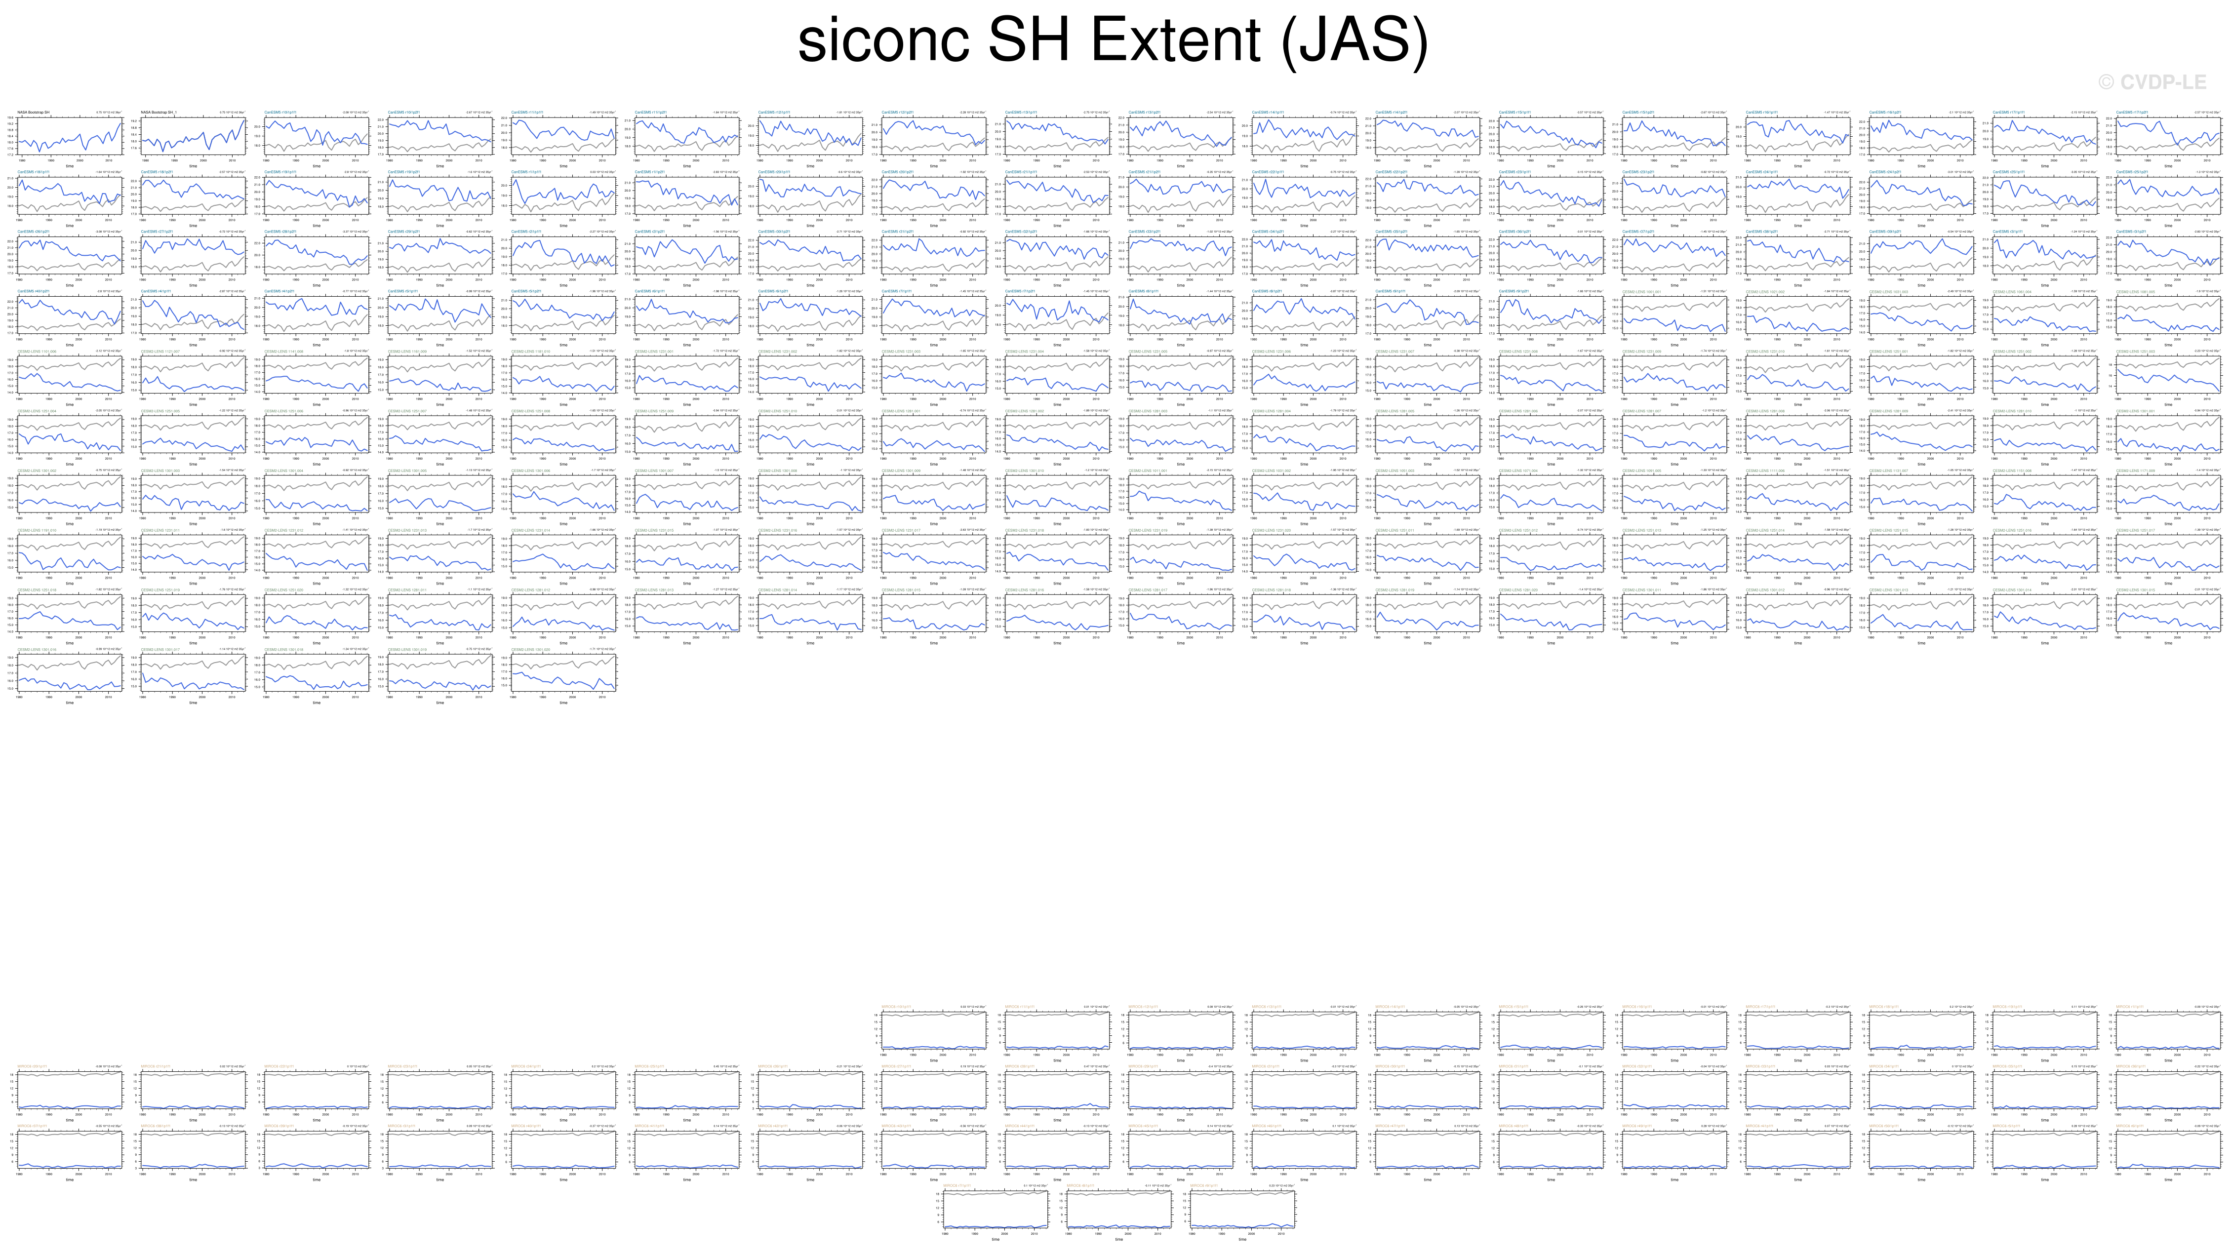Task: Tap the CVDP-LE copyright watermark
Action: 2151,82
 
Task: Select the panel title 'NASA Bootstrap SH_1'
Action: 159,112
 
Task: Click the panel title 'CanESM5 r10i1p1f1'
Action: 280,112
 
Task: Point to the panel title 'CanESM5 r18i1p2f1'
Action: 157,171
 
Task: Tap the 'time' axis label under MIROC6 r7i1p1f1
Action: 995,1240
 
